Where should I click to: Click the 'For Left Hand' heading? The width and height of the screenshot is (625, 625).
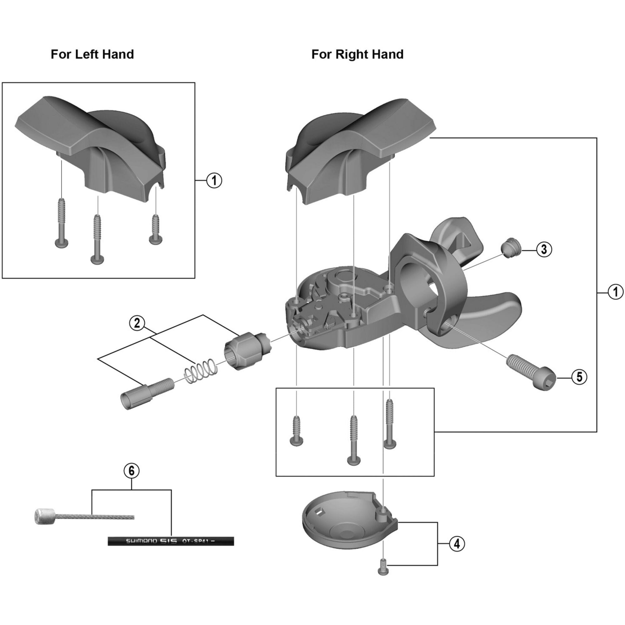[92, 54]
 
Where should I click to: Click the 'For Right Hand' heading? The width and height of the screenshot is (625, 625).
[357, 54]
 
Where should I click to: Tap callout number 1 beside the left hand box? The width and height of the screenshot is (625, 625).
[214, 181]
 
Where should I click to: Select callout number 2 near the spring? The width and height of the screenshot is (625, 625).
[137, 323]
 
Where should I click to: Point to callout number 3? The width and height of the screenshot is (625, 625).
[544, 249]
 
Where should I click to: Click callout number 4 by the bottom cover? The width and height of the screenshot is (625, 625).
[457, 544]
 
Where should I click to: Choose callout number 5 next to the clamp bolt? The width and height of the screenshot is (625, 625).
[579, 377]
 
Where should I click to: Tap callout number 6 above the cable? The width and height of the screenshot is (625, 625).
[131, 471]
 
